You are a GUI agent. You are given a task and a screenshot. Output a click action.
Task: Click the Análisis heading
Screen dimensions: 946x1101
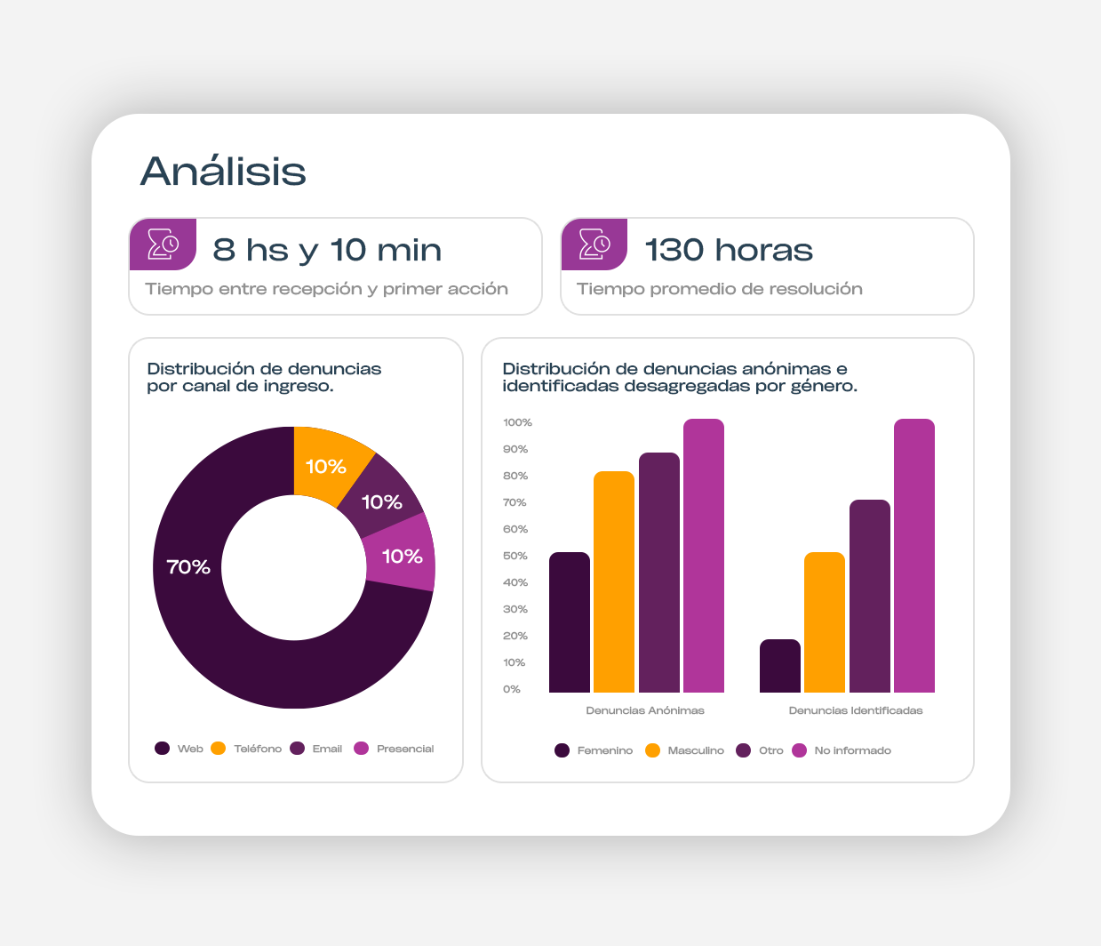pos(223,171)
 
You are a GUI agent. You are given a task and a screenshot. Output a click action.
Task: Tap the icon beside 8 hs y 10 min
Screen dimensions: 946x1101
pos(164,244)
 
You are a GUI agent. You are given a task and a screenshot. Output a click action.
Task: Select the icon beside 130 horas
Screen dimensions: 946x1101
pos(594,244)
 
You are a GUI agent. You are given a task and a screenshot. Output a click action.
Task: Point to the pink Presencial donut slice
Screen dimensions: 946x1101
pos(401,556)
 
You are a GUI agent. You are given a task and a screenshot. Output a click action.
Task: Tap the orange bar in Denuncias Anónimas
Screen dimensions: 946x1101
pos(614,582)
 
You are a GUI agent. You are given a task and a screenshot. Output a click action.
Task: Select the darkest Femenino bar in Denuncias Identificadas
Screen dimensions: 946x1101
pos(780,666)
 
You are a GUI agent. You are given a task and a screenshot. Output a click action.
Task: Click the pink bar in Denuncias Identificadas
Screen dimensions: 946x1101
pos(914,556)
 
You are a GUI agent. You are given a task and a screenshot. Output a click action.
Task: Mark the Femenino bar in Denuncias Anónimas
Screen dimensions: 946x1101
pos(570,622)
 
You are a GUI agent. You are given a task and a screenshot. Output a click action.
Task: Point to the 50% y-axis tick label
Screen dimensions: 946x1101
pos(515,556)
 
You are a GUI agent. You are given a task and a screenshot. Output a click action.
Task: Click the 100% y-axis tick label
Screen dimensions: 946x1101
pos(517,422)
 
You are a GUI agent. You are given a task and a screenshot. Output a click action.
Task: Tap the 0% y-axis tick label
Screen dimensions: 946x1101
pos(512,689)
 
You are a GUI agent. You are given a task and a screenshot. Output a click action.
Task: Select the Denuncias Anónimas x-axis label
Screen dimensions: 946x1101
pos(645,710)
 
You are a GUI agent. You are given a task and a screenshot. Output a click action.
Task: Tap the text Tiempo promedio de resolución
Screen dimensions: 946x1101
pos(720,289)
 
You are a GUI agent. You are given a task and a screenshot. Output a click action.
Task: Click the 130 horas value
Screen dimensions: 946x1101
pos(729,250)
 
